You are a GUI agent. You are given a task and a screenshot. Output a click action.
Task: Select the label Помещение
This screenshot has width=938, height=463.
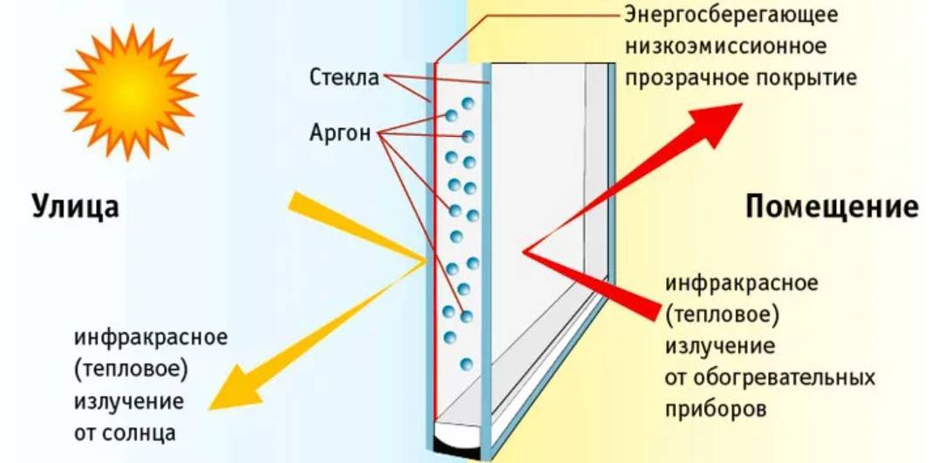[832, 208]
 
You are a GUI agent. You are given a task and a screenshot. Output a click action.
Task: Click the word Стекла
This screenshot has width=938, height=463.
[344, 78]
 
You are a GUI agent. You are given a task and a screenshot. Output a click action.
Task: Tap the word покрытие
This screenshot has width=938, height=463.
[812, 78]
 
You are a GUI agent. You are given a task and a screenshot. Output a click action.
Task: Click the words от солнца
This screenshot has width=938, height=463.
[125, 433]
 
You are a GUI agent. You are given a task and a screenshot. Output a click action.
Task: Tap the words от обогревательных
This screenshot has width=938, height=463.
[770, 378]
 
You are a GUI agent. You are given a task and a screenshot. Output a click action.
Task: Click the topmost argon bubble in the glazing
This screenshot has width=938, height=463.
[468, 104]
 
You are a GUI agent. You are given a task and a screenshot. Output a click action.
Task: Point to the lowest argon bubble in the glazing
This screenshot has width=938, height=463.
[466, 364]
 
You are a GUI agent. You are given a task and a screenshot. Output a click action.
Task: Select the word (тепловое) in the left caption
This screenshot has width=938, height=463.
[131, 369]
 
